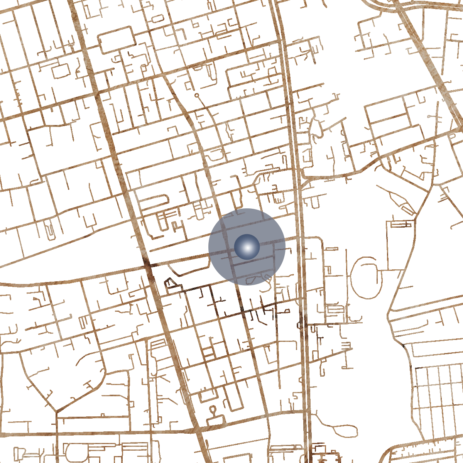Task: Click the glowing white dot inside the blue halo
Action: click(247, 247)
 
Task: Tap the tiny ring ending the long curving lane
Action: click(196, 95)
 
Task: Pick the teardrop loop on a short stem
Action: click(213, 409)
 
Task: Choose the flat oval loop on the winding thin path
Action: click(340, 429)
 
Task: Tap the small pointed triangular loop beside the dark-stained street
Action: click(169, 283)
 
